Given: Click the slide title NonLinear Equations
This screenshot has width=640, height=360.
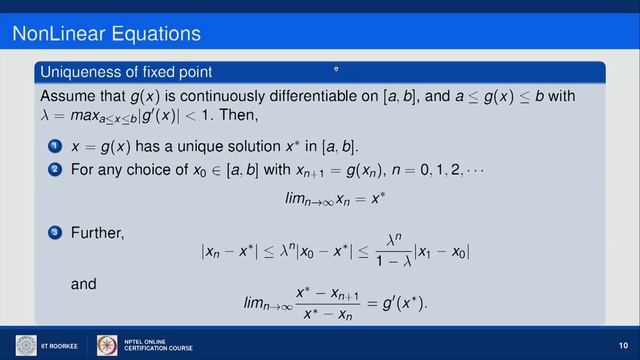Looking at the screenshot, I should [x=106, y=34].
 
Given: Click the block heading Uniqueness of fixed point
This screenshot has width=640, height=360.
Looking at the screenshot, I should [x=124, y=72].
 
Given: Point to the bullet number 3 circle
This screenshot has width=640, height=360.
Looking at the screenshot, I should [x=54, y=233].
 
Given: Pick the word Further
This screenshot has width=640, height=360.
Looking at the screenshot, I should [x=98, y=233].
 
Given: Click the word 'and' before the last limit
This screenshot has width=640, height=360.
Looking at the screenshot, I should [x=85, y=284].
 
